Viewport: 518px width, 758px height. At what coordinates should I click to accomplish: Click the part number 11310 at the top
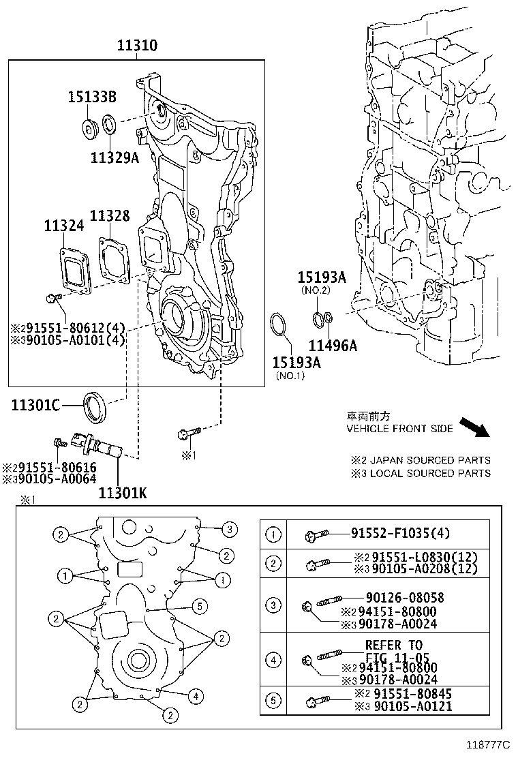pyautogui.click(x=137, y=46)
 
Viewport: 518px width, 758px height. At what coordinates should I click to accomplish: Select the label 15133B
pyautogui.click(x=92, y=97)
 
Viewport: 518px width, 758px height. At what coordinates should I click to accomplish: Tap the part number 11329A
pyautogui.click(x=114, y=158)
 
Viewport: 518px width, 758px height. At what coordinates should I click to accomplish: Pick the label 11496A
pyautogui.click(x=333, y=346)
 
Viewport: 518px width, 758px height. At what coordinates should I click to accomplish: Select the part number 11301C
pyautogui.click(x=35, y=407)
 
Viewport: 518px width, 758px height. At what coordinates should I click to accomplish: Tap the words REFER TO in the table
pyautogui.click(x=394, y=645)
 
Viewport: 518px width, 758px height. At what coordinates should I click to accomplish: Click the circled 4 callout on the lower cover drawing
pyautogui.click(x=195, y=697)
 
